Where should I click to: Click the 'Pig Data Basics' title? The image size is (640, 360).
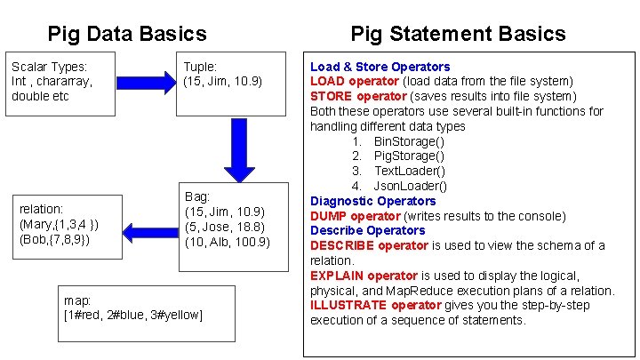pyautogui.click(x=127, y=35)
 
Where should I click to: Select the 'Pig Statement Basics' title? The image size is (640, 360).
pyautogui.click(x=458, y=34)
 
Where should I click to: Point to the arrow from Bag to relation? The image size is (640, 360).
pyautogui.click(x=150, y=233)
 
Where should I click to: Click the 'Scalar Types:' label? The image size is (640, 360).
pyautogui.click(x=50, y=67)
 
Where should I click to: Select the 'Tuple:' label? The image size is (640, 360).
pyautogui.click(x=200, y=67)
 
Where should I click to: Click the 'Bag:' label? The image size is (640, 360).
pyautogui.click(x=197, y=196)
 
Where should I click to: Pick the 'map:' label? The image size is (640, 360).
pyautogui.click(x=79, y=300)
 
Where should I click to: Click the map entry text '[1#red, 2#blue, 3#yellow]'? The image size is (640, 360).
pyautogui.click(x=133, y=315)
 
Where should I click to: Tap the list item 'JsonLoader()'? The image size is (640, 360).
pyautogui.click(x=411, y=186)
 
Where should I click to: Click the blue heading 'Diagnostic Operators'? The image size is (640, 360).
pyautogui.click(x=372, y=201)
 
